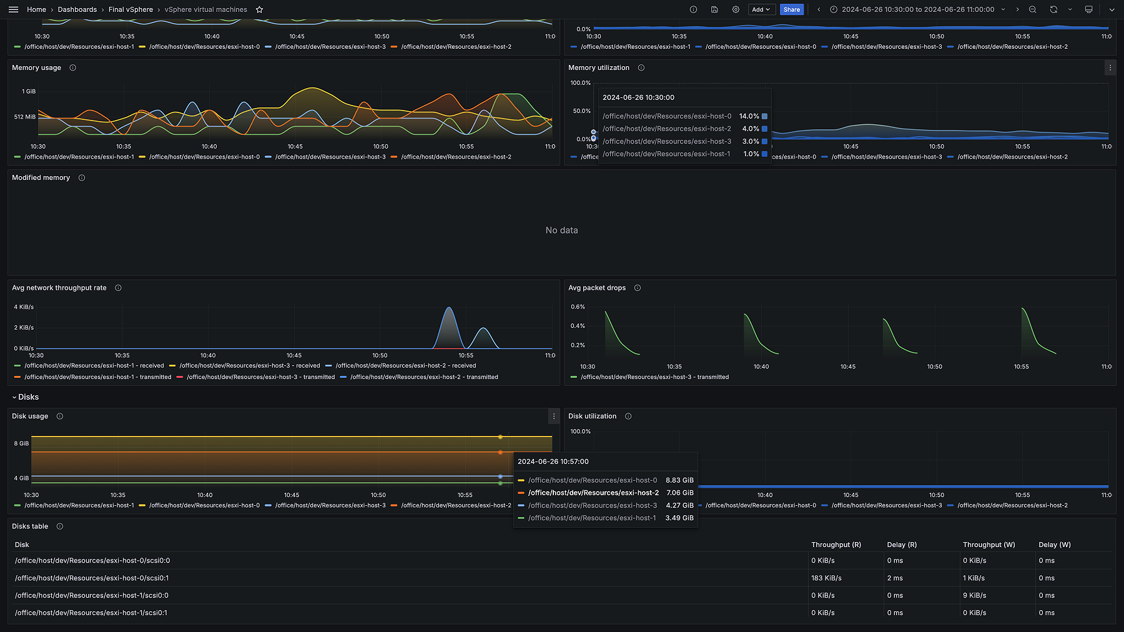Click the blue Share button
point(791,9)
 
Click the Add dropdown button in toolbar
point(761,9)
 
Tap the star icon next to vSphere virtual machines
point(259,9)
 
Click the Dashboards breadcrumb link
point(77,9)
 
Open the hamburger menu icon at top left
point(13,9)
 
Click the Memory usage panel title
point(36,67)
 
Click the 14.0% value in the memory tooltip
point(749,116)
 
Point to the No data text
point(561,230)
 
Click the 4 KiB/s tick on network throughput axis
point(24,307)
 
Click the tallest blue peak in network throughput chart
point(449,309)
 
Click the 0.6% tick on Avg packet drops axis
point(578,307)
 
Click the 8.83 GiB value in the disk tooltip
point(679,480)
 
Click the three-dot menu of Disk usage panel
point(553,416)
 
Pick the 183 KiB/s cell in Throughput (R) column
point(826,578)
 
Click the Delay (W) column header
point(1054,545)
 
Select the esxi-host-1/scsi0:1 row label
point(91,613)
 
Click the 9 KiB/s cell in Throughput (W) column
point(974,596)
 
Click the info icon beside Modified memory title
point(82,178)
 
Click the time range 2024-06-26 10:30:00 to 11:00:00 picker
point(917,9)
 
